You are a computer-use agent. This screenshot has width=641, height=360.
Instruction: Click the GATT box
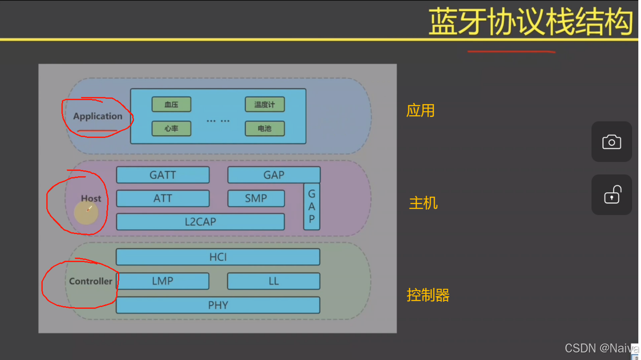click(163, 175)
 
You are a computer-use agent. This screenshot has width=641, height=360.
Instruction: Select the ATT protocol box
click(163, 198)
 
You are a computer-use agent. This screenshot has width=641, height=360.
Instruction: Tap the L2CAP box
click(200, 222)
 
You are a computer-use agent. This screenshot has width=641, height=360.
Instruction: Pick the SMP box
click(256, 198)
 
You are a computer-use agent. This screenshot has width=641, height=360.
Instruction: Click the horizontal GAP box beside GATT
click(274, 175)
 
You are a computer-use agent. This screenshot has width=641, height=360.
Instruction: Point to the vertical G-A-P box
click(312, 207)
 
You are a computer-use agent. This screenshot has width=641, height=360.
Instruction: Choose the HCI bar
click(218, 257)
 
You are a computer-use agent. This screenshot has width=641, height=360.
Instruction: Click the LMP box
click(162, 281)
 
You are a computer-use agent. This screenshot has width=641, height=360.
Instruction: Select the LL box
click(274, 281)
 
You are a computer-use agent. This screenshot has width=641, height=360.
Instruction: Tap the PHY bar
click(218, 305)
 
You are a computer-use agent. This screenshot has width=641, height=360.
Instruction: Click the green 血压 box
click(171, 105)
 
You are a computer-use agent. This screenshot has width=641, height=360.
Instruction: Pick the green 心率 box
click(171, 129)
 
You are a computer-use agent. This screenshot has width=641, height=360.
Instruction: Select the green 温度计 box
click(264, 105)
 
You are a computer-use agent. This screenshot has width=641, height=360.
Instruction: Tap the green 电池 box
click(264, 129)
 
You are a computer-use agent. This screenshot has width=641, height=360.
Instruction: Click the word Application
click(97, 117)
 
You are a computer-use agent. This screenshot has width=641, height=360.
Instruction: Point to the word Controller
click(91, 281)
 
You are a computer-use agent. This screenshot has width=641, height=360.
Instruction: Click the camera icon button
click(612, 142)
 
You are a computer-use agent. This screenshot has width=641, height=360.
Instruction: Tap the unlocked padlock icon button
click(612, 195)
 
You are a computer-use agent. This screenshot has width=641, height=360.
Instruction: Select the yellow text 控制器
click(428, 295)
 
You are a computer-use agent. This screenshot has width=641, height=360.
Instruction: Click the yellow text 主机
click(423, 203)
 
